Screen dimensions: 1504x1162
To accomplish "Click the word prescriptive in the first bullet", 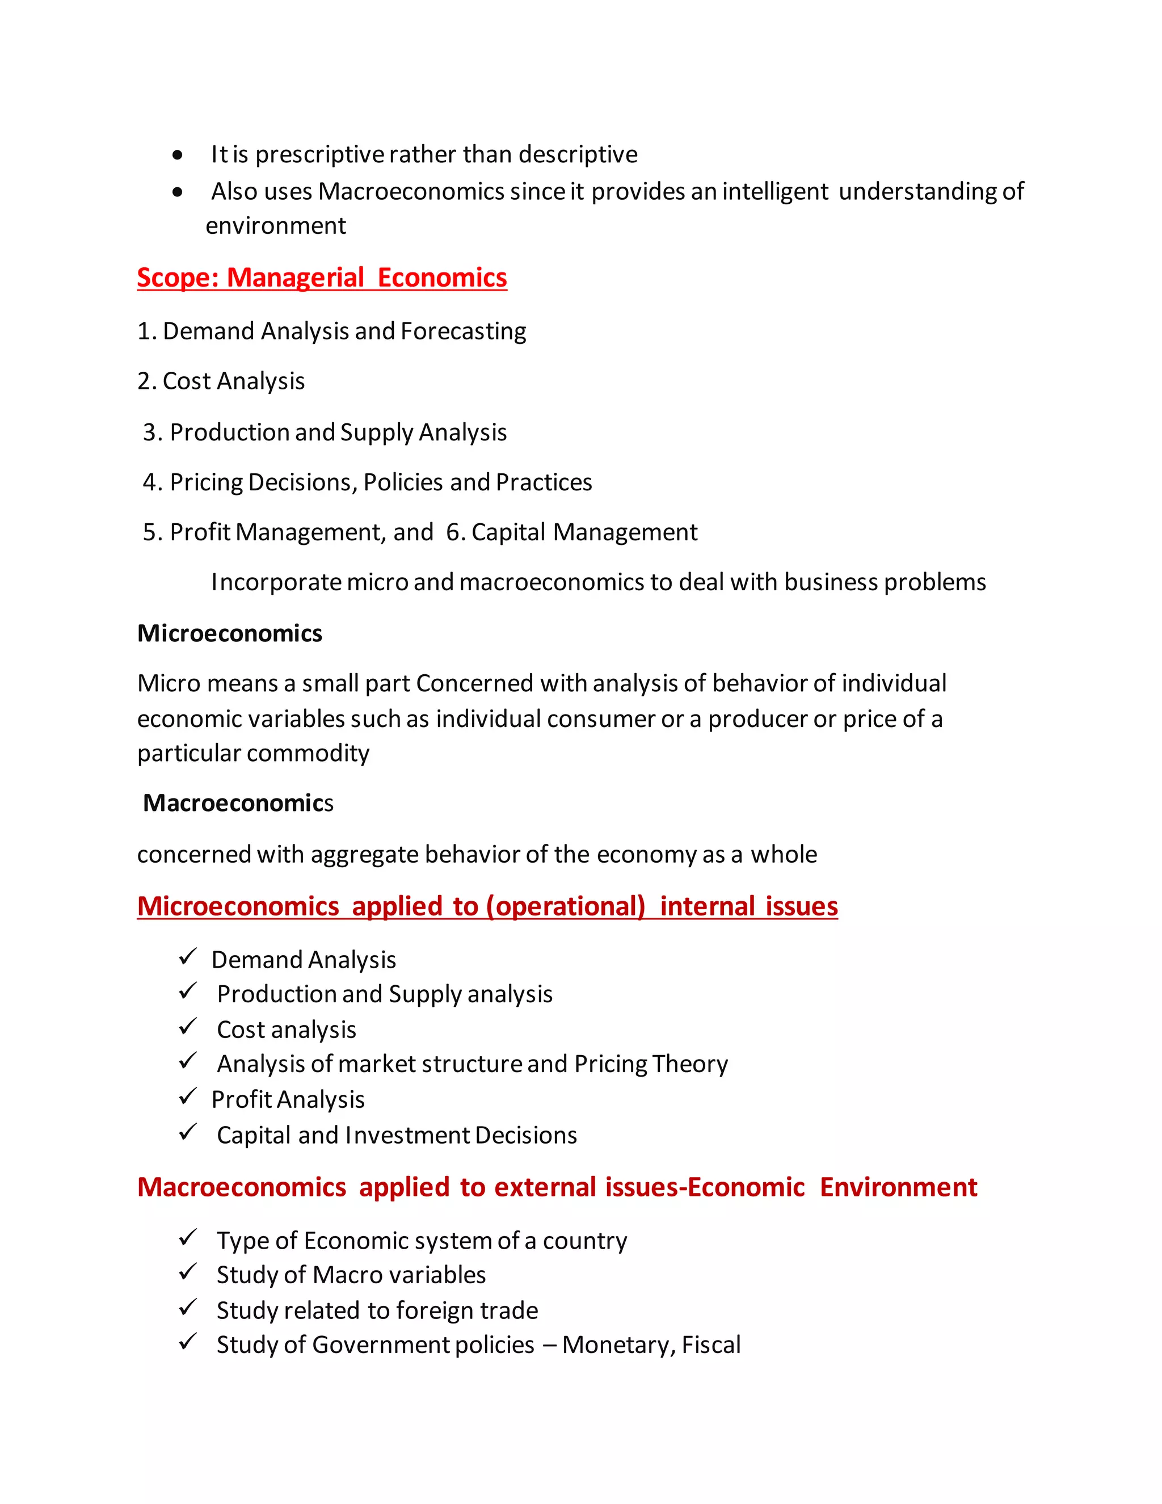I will tap(319, 155).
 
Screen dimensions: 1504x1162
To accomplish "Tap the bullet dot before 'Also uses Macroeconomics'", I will tap(178, 192).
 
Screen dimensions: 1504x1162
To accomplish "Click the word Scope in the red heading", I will tap(177, 278).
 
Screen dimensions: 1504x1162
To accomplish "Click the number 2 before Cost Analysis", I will tap(144, 381).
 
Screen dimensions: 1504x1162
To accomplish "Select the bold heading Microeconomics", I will tap(229, 633).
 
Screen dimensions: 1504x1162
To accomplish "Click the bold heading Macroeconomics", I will tap(238, 804).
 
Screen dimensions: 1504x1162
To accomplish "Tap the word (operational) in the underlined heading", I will tap(565, 907).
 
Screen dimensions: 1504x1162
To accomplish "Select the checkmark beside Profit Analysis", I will tap(187, 1097).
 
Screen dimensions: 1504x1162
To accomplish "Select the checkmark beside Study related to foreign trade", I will tap(187, 1308).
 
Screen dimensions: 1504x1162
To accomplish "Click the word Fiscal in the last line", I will tap(710, 1345).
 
